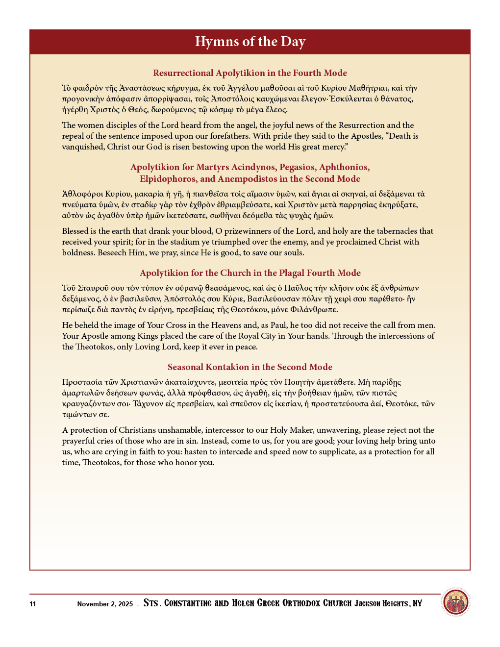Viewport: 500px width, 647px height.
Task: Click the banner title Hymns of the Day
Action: [250, 42]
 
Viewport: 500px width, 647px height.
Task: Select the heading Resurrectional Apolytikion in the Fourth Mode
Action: [250, 73]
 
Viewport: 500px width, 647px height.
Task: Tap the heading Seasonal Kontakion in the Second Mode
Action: [250, 367]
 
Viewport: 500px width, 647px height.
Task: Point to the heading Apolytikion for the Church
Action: [250, 273]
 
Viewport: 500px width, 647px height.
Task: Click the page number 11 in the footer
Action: [33, 604]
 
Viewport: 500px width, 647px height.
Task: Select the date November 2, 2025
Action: [105, 604]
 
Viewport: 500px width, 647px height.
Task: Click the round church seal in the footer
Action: [455, 602]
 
